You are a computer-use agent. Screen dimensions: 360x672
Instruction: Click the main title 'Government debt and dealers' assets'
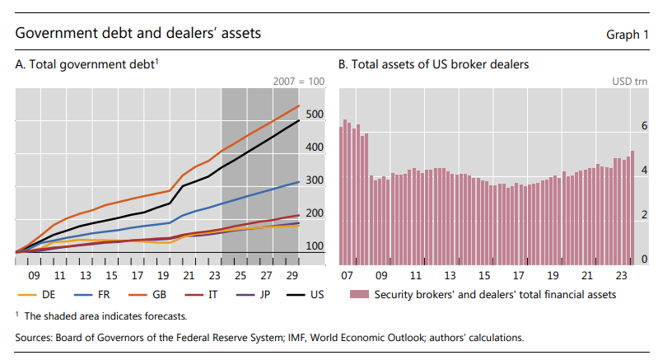[138, 34]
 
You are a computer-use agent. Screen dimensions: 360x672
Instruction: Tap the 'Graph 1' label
[628, 35]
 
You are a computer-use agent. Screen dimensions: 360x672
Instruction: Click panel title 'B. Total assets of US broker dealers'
[433, 63]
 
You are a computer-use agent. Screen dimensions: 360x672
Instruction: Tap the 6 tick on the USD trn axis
[645, 126]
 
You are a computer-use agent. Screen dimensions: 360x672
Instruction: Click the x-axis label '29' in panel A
[290, 276]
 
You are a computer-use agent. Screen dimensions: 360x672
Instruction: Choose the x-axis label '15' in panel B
[484, 276]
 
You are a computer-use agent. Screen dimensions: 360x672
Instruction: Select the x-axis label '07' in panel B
[347, 276]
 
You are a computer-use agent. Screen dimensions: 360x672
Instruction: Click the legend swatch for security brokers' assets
[357, 294]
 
